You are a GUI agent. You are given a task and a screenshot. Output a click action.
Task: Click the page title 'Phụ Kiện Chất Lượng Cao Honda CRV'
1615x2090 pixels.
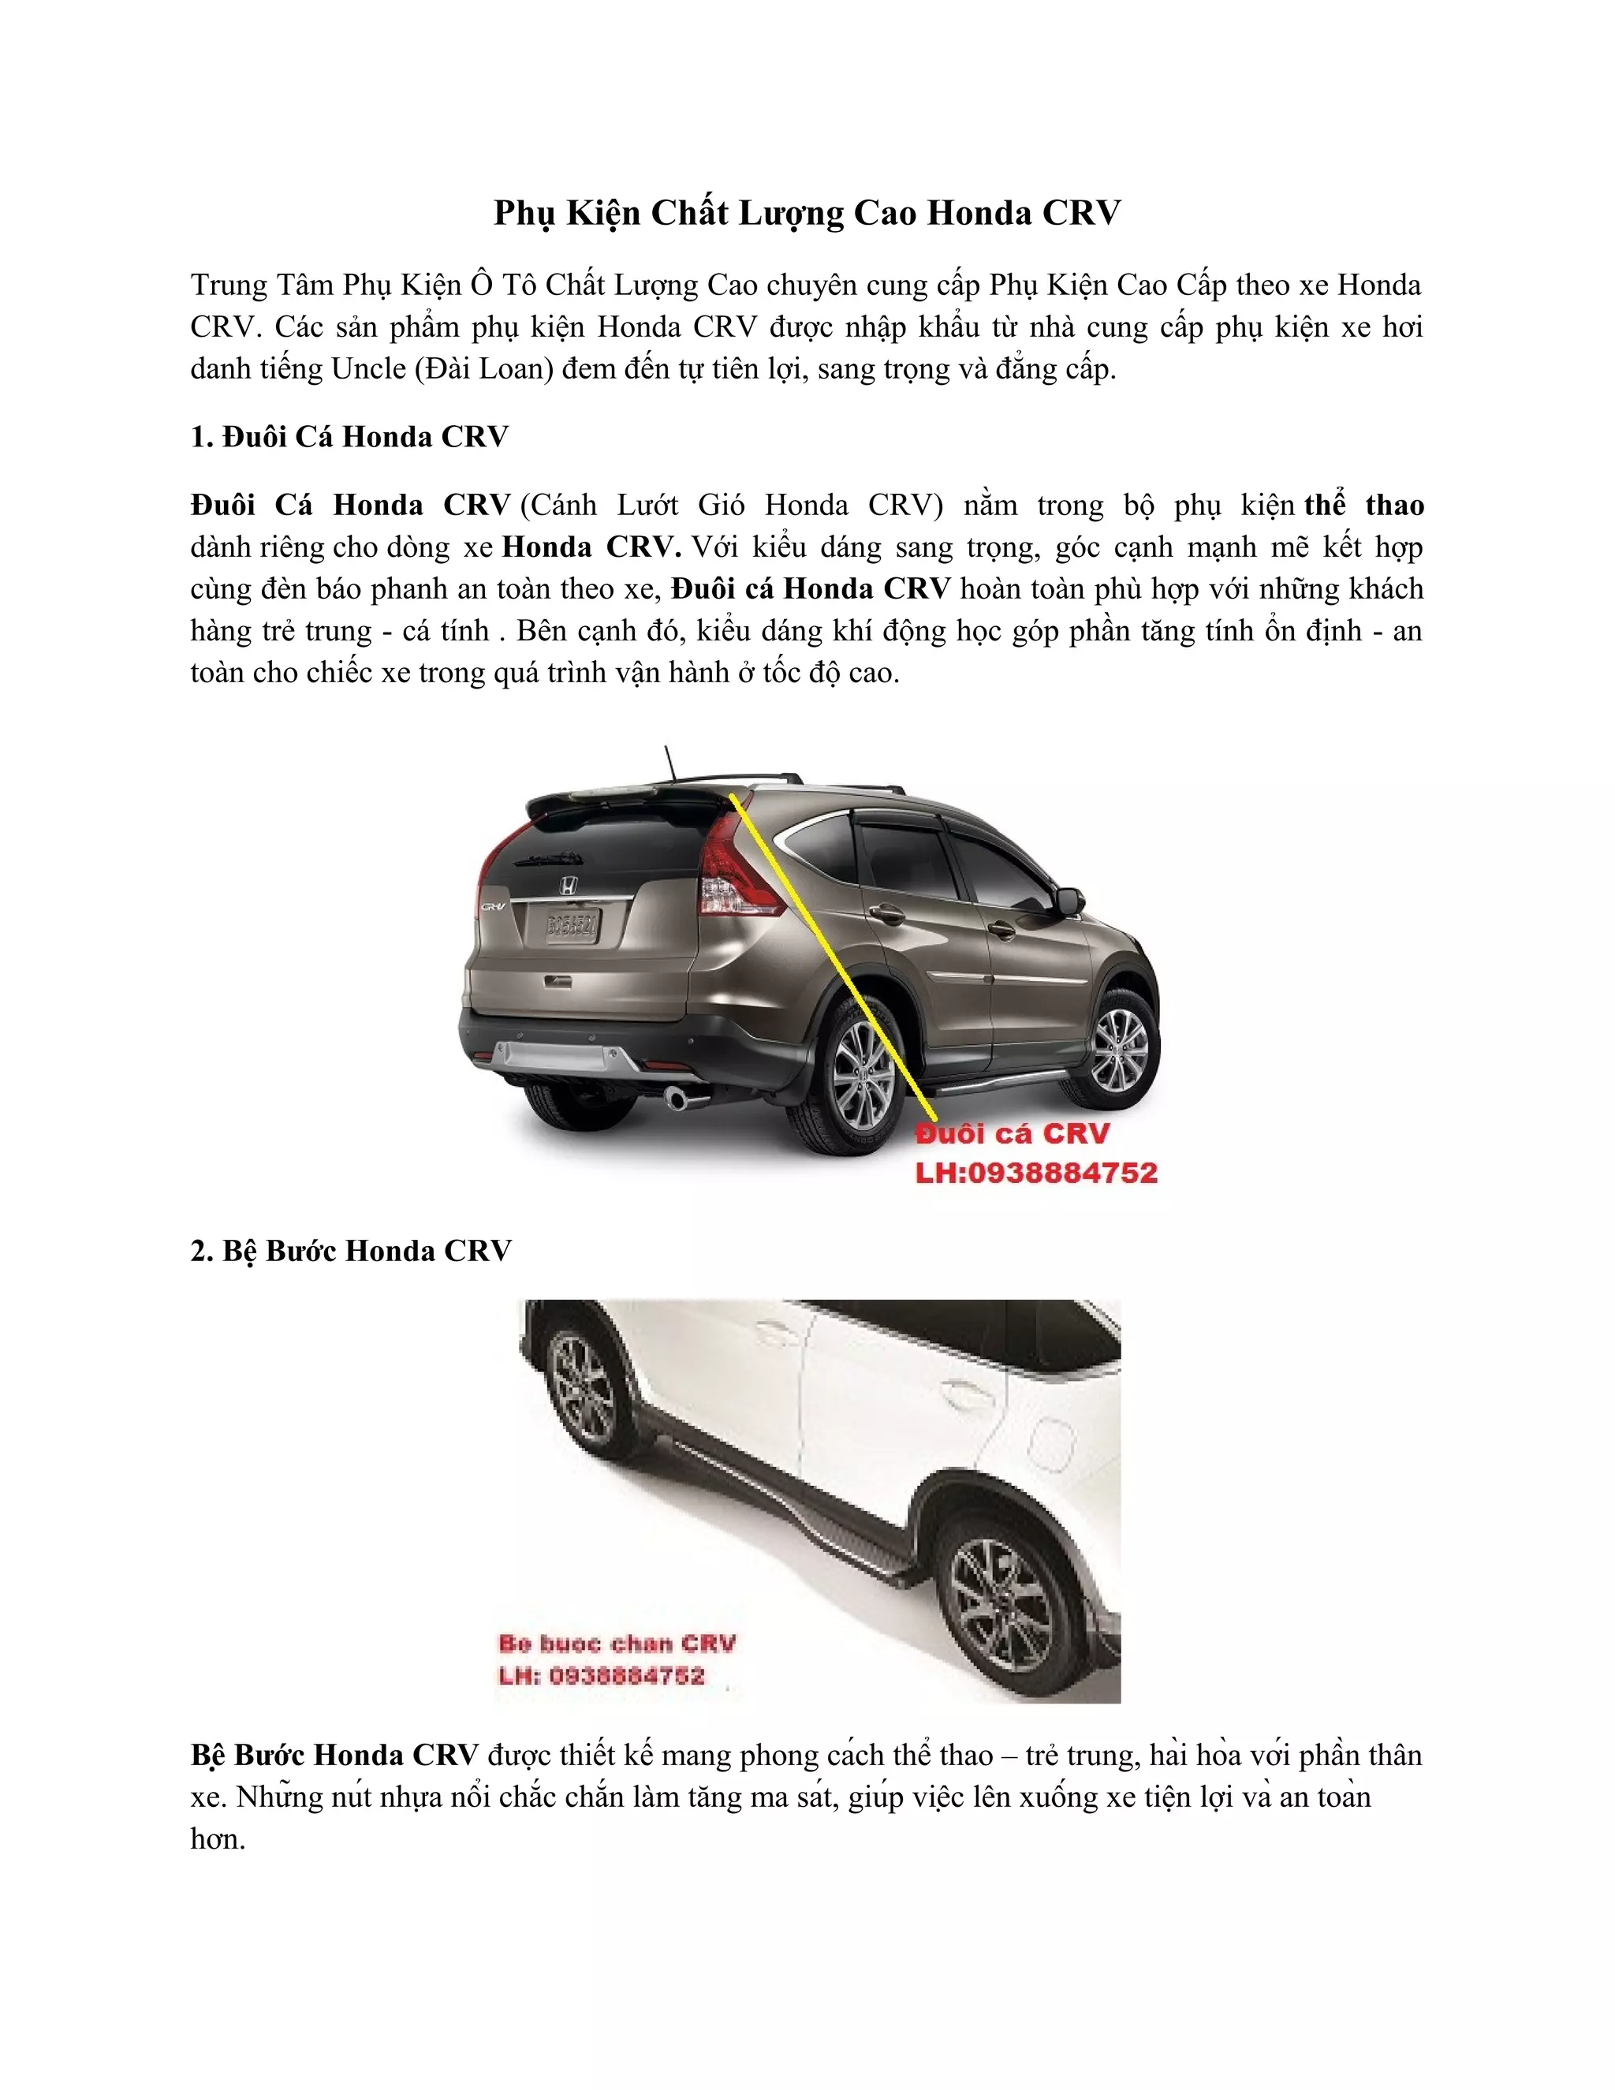point(807,212)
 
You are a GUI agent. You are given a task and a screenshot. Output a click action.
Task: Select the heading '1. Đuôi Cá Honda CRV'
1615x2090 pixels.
point(349,438)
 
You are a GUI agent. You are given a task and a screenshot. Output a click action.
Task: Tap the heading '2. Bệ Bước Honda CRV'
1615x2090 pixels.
point(351,1251)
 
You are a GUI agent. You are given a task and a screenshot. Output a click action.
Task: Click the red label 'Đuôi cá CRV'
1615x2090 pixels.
point(1013,1134)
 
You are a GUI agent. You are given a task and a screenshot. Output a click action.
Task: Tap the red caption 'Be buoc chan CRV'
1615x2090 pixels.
point(617,1644)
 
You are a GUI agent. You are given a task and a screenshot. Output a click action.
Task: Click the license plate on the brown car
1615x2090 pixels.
point(571,924)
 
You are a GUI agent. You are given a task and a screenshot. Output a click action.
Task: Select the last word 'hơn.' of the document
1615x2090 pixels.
point(218,1839)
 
